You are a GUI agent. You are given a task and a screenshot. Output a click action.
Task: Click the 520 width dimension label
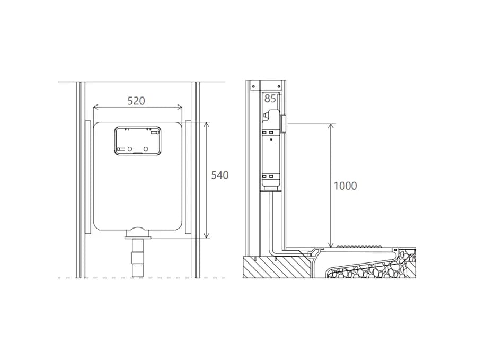click(x=136, y=101)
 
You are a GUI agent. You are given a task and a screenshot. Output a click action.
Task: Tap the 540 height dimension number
click(x=219, y=175)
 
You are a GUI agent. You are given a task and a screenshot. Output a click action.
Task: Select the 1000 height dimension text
click(x=345, y=186)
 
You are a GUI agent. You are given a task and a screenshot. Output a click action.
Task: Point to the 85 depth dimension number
click(x=270, y=99)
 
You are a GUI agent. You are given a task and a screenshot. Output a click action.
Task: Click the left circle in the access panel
click(x=130, y=149)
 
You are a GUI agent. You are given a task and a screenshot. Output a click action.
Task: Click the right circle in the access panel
click(x=146, y=149)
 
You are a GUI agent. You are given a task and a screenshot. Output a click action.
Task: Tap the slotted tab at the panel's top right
click(x=155, y=133)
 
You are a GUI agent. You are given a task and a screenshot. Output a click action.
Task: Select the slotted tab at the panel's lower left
click(x=121, y=149)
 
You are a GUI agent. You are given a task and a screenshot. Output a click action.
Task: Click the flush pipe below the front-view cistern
click(x=137, y=258)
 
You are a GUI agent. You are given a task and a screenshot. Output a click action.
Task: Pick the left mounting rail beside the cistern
click(x=87, y=177)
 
